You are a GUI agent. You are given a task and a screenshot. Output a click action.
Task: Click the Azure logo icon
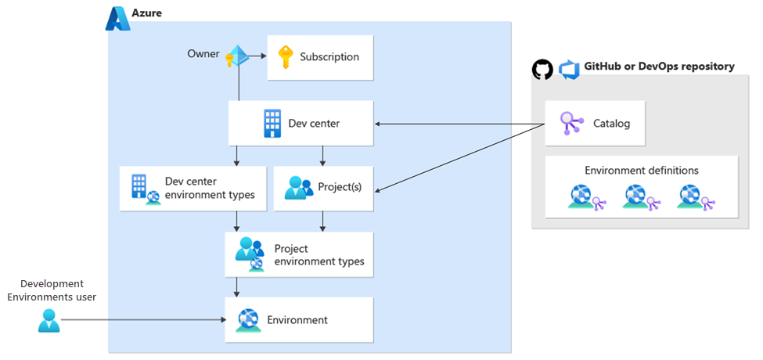tap(117, 18)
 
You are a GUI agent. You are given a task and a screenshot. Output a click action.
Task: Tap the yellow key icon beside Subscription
tap(284, 56)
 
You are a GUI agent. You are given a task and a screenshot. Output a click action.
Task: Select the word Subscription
tap(329, 56)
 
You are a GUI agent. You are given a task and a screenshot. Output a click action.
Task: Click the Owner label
tap(203, 54)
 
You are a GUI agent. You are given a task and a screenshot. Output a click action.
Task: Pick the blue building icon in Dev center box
tap(272, 122)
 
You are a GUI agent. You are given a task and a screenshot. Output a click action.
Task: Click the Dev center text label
tap(314, 123)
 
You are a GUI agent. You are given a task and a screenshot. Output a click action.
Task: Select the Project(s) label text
tap(340, 188)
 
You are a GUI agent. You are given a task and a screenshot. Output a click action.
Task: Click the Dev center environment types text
tap(210, 188)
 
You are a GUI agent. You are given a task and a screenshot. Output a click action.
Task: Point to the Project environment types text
tap(319, 255)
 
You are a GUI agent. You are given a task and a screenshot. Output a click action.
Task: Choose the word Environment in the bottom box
tap(297, 319)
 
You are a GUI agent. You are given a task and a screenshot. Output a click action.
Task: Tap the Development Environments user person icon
tap(49, 320)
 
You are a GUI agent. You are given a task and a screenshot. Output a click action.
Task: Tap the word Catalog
tap(611, 123)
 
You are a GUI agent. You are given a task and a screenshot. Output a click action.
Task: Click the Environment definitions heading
tap(642, 170)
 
